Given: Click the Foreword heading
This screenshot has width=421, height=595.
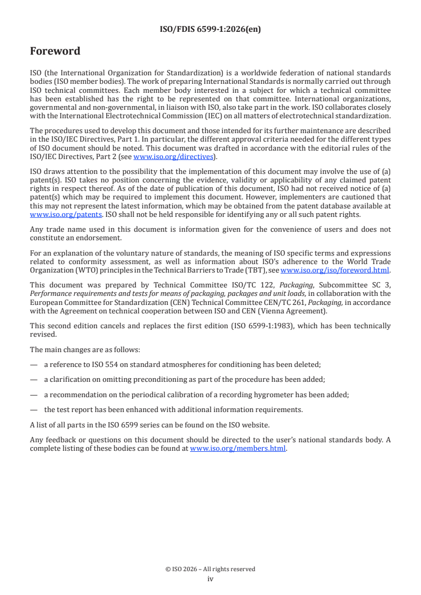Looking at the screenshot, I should click(x=55, y=51).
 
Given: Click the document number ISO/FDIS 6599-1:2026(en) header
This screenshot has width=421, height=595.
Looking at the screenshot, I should click(x=210, y=30).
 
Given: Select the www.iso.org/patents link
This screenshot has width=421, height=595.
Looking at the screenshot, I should click(x=51, y=214).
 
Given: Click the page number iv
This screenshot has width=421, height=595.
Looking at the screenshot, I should click(x=210, y=579).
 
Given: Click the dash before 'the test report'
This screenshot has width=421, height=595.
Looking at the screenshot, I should click(x=34, y=409).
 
